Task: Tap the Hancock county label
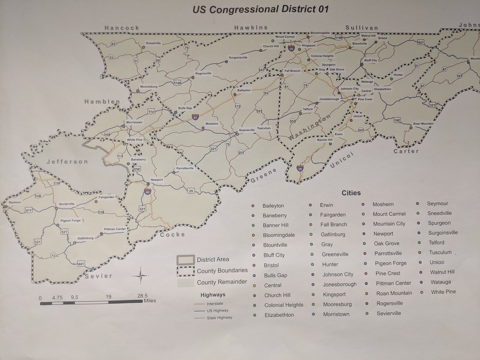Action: [122, 28]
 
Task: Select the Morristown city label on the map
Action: [134, 122]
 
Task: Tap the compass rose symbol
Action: [141, 276]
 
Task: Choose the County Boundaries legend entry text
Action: [222, 271]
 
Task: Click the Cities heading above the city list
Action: [351, 193]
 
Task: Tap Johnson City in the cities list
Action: [338, 274]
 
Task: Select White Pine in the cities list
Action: [443, 292]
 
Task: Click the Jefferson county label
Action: [67, 162]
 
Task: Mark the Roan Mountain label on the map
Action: [423, 124]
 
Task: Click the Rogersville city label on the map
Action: [203, 74]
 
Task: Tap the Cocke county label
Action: [173, 235]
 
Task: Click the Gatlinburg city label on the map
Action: [86, 238]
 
